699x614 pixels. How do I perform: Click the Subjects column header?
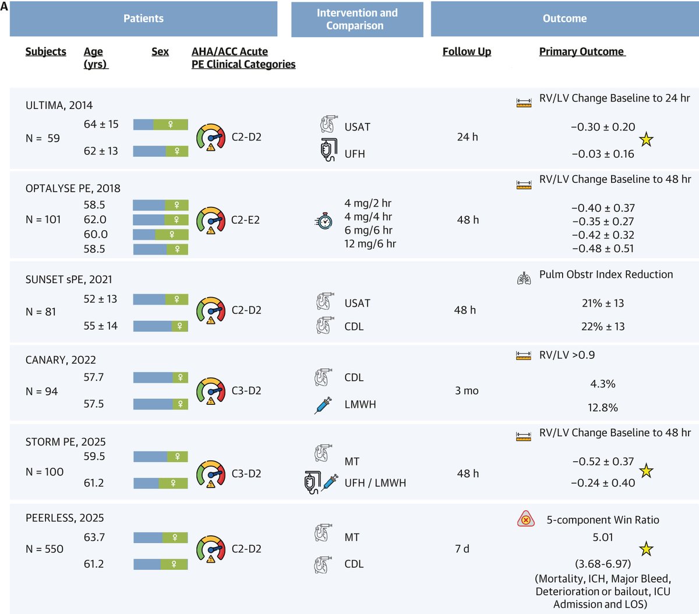[45, 51]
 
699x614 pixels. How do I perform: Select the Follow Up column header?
[467, 51]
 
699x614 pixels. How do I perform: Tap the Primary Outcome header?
[582, 51]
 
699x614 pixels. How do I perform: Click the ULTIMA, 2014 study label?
[59, 105]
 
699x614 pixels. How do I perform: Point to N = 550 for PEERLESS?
[44, 549]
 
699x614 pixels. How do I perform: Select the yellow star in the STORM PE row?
[646, 471]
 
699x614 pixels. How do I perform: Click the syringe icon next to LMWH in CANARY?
[323, 405]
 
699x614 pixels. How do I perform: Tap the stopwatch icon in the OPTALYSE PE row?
[324, 221]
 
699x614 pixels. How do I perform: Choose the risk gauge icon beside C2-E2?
[211, 220]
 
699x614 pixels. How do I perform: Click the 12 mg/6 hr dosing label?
[370, 244]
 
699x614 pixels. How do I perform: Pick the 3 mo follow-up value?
[467, 391]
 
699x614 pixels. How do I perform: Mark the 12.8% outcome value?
[603, 408]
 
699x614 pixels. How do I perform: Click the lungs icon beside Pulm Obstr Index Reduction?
[524, 278]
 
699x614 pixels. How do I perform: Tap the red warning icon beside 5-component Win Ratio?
[525, 519]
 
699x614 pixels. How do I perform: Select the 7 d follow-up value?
[462, 549]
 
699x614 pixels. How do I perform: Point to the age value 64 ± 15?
[101, 124]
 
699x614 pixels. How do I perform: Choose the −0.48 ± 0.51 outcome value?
[602, 248]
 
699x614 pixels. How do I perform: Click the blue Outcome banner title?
[564, 19]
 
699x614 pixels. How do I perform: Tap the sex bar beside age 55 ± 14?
[160, 326]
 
